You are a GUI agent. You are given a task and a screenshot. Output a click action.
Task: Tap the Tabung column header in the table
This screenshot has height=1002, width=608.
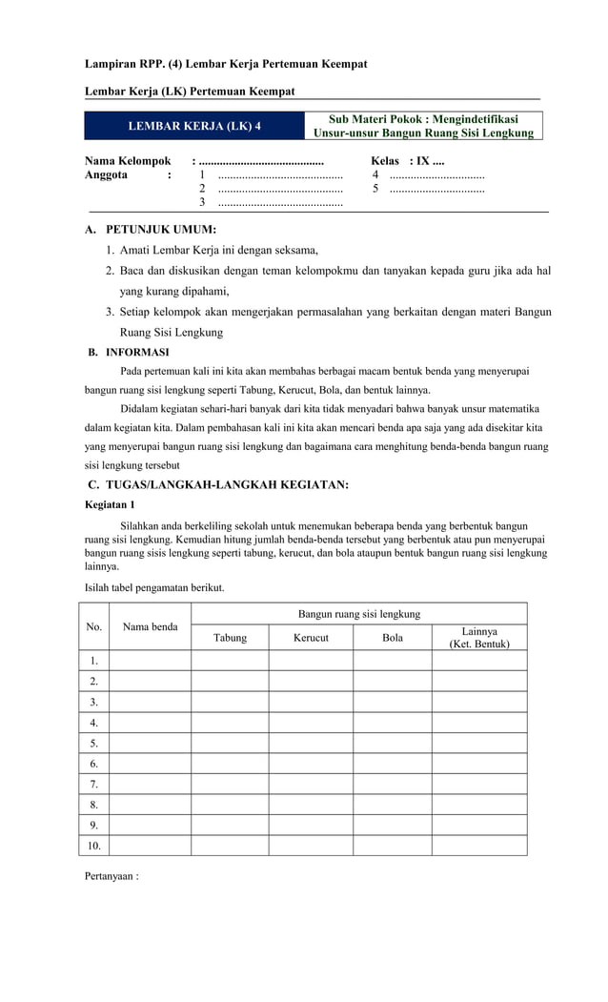(x=230, y=638)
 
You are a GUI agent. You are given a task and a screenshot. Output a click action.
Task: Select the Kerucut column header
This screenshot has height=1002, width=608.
(x=311, y=638)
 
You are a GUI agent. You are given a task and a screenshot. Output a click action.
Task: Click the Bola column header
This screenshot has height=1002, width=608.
(x=393, y=638)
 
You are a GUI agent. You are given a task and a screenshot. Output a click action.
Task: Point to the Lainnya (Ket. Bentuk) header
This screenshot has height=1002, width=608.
(x=479, y=638)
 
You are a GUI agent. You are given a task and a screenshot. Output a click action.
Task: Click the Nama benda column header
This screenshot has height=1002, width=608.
(x=150, y=627)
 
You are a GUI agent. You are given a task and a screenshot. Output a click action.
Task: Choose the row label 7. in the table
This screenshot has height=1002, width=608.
(x=94, y=784)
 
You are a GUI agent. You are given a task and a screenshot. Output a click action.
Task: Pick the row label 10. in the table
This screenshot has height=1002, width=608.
(x=94, y=845)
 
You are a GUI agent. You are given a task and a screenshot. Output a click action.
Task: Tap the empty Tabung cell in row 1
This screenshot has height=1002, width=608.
(x=230, y=660)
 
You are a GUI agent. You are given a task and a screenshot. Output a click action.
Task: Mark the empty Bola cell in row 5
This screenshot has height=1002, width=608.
(x=393, y=743)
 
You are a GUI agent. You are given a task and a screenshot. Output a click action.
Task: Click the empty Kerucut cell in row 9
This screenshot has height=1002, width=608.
(x=311, y=825)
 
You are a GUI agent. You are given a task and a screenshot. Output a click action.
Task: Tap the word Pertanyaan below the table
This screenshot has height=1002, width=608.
(x=111, y=875)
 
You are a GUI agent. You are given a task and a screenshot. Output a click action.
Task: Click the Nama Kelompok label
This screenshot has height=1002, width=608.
(x=128, y=161)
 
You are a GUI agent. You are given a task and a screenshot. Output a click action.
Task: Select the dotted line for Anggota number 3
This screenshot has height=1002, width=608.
(x=280, y=203)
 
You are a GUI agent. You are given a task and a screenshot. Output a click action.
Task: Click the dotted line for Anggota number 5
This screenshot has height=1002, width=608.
(x=437, y=189)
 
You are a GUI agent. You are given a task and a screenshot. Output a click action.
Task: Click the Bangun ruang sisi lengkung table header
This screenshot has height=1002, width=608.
(x=359, y=613)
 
